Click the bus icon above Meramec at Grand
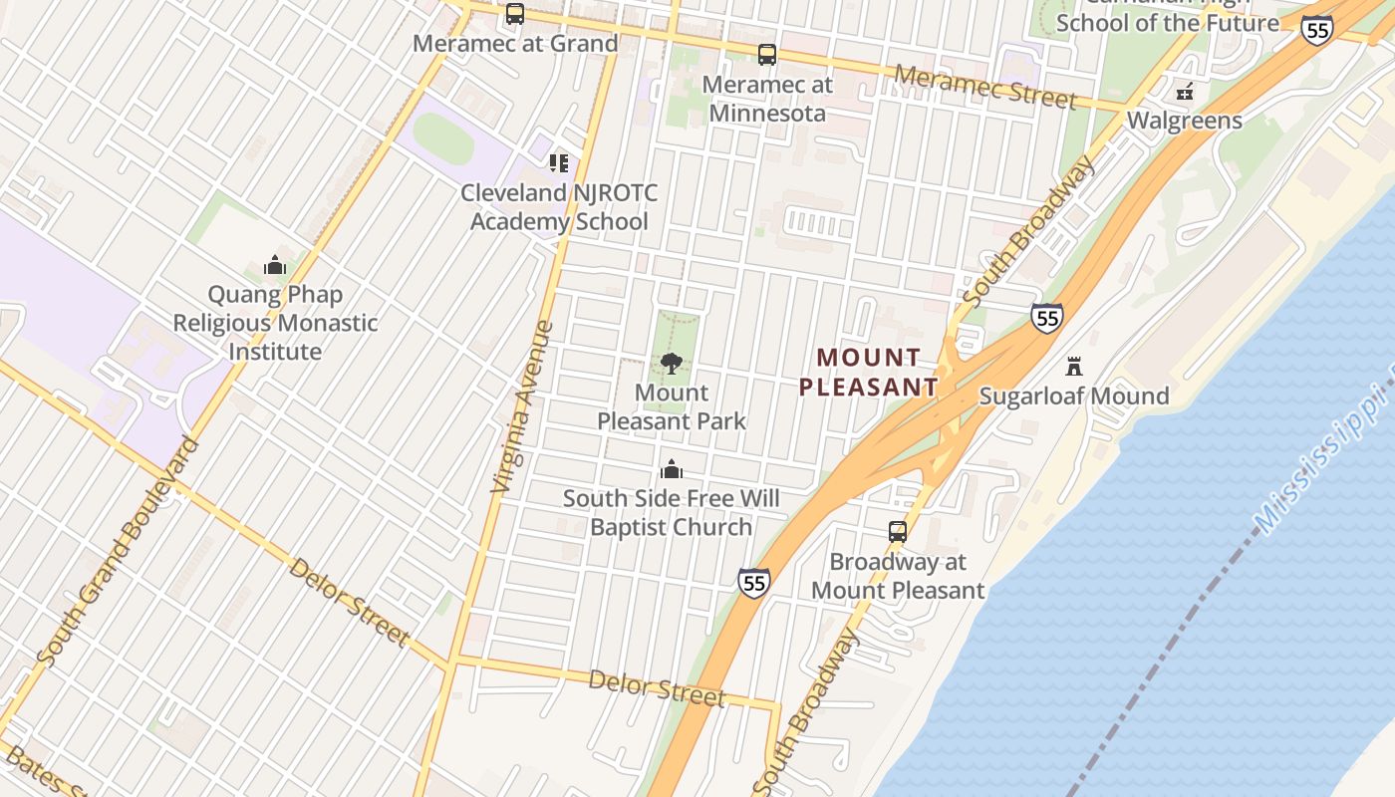coord(515,14)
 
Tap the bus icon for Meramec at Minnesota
coord(766,55)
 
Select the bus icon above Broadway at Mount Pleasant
coord(898,532)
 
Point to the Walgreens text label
coord(1184,121)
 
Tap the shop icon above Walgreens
coord(1185,92)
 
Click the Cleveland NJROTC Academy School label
coord(559,207)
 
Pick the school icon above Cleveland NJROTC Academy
coord(559,162)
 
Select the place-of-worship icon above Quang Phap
coord(275,265)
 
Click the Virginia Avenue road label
coord(522,406)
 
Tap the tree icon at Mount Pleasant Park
coord(672,364)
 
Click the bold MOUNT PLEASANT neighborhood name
coord(869,372)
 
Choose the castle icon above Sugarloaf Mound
coord(1074,367)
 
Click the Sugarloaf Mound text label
coord(1074,396)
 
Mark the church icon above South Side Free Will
coord(672,469)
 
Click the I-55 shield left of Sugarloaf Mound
coord(1046,318)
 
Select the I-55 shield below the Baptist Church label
coord(754,583)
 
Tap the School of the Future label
coord(1167,22)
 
